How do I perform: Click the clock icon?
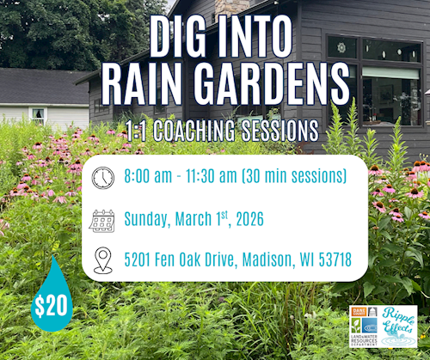coord(102,179)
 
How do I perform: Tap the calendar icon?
coord(102,220)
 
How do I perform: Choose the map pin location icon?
coord(102,259)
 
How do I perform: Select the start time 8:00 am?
coord(150,179)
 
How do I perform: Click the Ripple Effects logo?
coord(398,326)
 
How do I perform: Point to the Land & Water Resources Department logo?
coord(364,326)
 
